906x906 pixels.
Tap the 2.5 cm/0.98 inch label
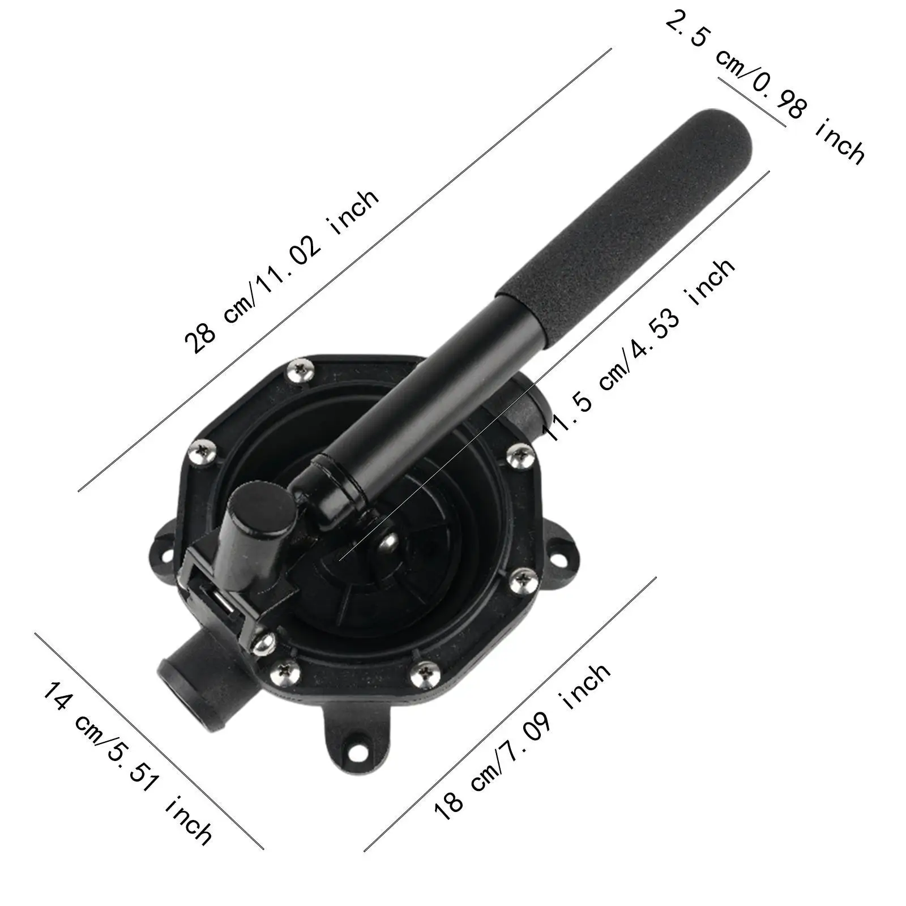(764, 85)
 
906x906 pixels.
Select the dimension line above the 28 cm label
(345, 269)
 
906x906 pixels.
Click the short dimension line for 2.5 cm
(752, 102)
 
